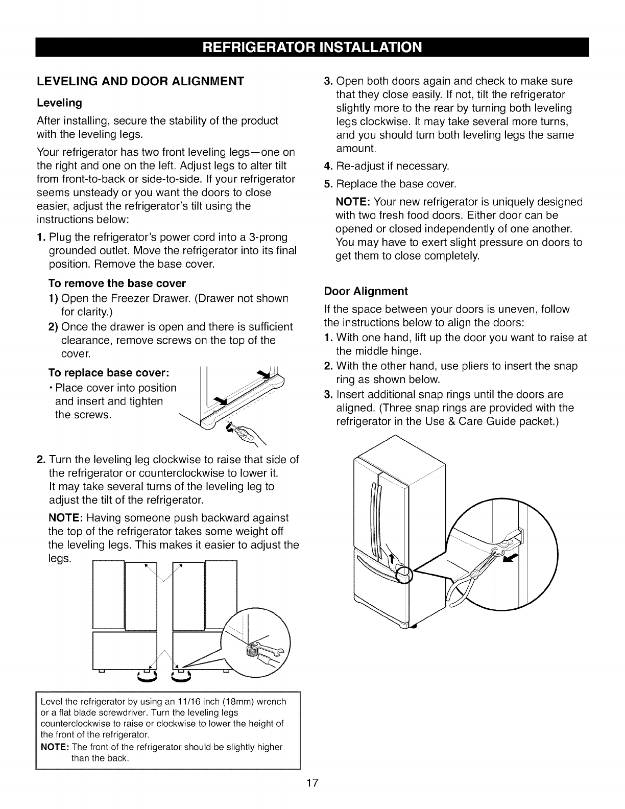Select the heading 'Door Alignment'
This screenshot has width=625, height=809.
(x=366, y=291)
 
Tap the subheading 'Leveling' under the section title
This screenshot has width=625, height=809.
(x=60, y=103)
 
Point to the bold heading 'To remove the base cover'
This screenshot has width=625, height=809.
(x=117, y=283)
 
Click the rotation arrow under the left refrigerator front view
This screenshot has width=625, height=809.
(x=146, y=678)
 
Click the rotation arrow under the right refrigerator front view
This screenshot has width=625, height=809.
(x=182, y=678)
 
